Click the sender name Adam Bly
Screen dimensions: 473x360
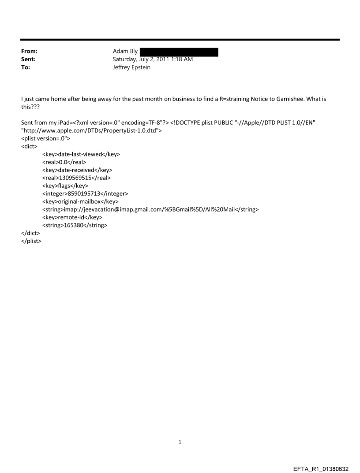pyautogui.click(x=125, y=52)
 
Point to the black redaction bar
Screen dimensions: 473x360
pyautogui.click(x=179, y=52)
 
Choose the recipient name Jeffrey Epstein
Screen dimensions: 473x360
pyautogui.click(x=131, y=67)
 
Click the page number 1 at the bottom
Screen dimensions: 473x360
pyautogui.click(x=180, y=442)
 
